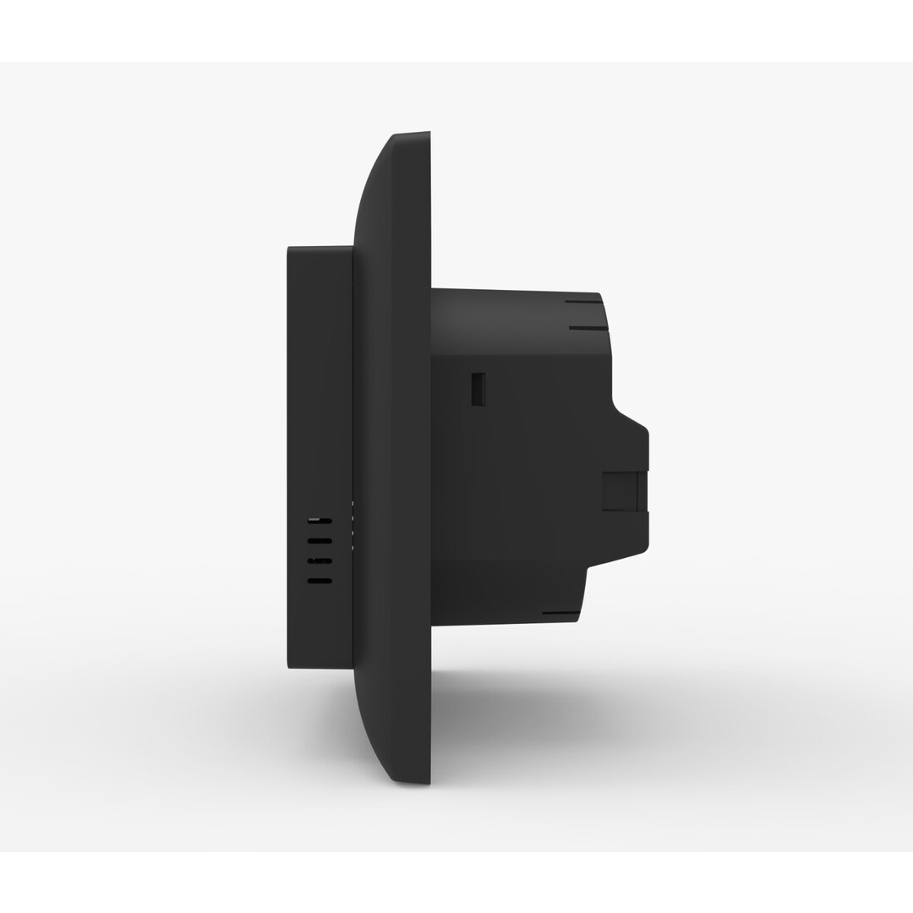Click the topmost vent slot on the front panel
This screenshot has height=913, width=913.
pyautogui.click(x=320, y=520)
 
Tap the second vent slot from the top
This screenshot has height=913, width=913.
pyautogui.click(x=320, y=540)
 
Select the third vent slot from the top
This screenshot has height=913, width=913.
pyautogui.click(x=320, y=560)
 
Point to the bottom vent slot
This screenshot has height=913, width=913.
pyautogui.click(x=320, y=581)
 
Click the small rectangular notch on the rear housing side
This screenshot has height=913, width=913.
pyautogui.click(x=478, y=389)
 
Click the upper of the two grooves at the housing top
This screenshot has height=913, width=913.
pyautogui.click(x=583, y=302)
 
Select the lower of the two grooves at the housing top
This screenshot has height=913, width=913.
pyautogui.click(x=588, y=327)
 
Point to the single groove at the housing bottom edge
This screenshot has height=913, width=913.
pyautogui.click(x=560, y=613)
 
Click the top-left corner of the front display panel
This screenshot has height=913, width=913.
pyautogui.click(x=289, y=248)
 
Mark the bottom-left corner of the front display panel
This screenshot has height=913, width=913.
pyautogui.click(x=289, y=667)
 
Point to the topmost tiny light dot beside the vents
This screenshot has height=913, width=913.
pyautogui.click(x=353, y=505)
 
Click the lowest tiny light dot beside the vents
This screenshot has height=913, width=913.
pyautogui.click(x=353, y=548)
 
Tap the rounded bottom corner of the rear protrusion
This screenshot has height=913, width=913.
pyautogui.click(x=643, y=549)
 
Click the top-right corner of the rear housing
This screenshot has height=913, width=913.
pyautogui.click(x=599, y=295)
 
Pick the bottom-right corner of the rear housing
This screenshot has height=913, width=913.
pyautogui.click(x=577, y=621)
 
